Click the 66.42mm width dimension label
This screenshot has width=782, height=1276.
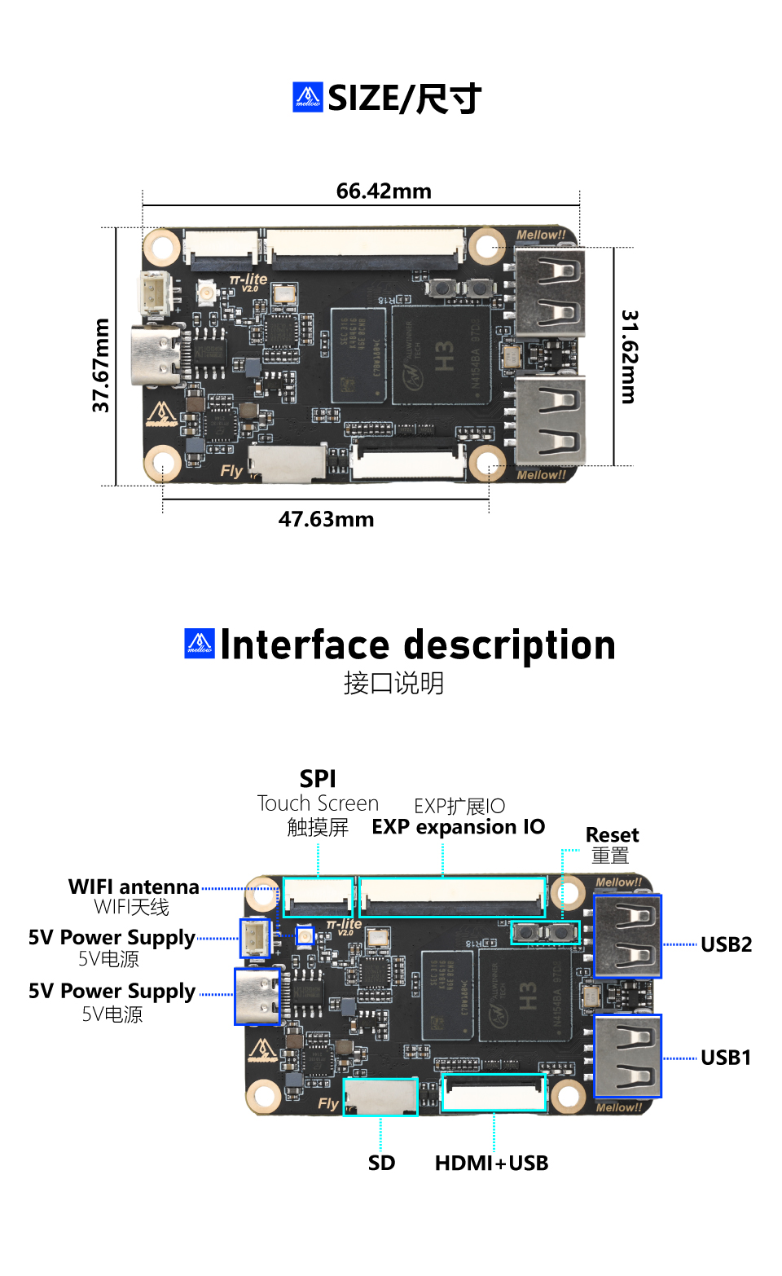pos(384,191)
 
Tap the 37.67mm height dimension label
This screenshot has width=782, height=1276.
pos(101,365)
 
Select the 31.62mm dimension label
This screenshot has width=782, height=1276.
pos(630,356)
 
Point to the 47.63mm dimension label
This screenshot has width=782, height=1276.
pos(326,519)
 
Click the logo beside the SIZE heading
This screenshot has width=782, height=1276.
pos(308,98)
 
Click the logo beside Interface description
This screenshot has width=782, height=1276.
pos(200,644)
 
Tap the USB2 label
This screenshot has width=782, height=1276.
pos(726,944)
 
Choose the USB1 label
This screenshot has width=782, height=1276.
pos(726,1058)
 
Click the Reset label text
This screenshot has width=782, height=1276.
pos(612,835)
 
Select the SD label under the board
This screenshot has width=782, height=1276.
pos(381,1163)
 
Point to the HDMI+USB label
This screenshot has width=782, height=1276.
pos(491,1163)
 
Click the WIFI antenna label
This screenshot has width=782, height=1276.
pos(134,887)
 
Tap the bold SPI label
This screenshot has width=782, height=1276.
pos(318,779)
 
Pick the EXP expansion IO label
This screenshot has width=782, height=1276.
pos(459,827)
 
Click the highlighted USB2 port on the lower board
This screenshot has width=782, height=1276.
pos(627,936)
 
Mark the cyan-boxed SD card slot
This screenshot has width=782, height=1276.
pos(380,1097)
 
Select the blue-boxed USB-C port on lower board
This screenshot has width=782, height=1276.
pos(257,997)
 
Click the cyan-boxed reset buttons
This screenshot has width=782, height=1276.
pos(545,932)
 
